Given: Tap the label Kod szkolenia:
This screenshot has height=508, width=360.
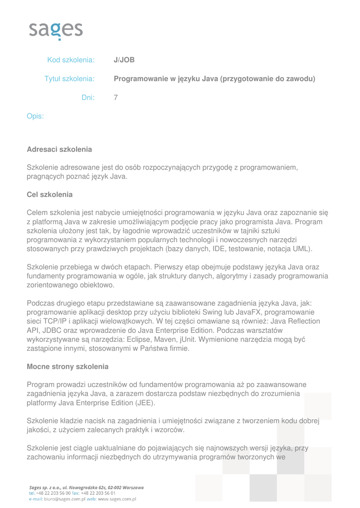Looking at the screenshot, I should click(71, 61).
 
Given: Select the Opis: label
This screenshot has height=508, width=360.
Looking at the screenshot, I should click(35, 116).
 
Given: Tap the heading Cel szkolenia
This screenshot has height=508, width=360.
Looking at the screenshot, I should click(50, 194).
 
